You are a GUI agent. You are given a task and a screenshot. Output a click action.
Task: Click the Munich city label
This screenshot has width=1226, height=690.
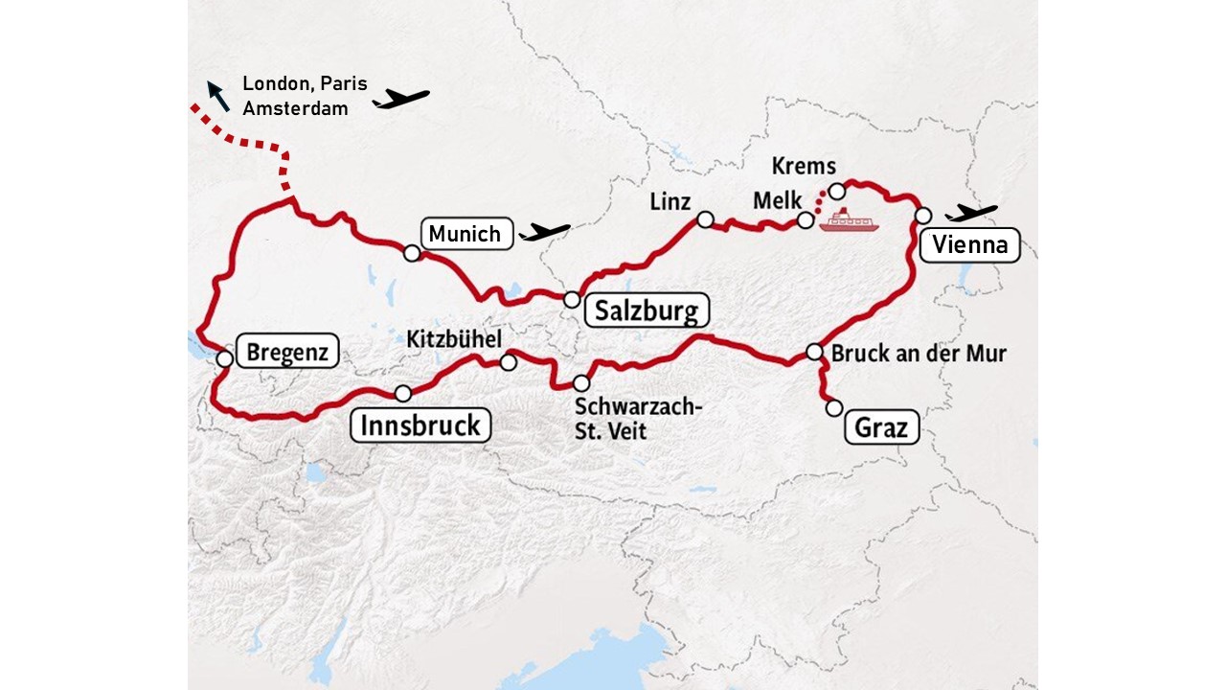(465, 234)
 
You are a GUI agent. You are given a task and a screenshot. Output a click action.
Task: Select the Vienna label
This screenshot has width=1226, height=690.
(969, 245)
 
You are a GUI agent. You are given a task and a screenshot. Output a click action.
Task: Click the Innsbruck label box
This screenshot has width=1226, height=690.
(420, 425)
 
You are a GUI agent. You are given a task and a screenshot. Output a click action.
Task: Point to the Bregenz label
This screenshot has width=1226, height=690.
(287, 352)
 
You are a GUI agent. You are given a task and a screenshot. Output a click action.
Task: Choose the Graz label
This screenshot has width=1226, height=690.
(881, 426)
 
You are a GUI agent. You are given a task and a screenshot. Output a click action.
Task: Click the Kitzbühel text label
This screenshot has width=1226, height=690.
(454, 339)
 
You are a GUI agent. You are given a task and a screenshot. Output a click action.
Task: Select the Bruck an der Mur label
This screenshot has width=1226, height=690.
(919, 353)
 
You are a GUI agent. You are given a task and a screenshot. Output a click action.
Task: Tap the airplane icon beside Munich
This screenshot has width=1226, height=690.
(544, 232)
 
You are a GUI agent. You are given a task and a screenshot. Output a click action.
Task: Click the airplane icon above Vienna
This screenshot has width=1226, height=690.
(971, 212)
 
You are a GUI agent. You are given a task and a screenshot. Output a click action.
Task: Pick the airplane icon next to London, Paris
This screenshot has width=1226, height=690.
(401, 98)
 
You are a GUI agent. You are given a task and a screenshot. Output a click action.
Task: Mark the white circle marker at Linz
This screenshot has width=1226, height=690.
(705, 219)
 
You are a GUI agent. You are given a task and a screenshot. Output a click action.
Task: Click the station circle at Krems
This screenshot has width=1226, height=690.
(836, 191)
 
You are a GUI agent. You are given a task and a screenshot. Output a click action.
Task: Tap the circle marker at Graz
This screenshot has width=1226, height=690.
(834, 408)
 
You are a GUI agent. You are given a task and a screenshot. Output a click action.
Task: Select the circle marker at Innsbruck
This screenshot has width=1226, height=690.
(403, 393)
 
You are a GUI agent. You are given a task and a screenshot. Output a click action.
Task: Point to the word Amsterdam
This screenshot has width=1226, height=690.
(295, 108)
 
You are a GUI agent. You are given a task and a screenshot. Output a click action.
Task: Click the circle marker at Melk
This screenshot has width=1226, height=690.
(806, 221)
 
